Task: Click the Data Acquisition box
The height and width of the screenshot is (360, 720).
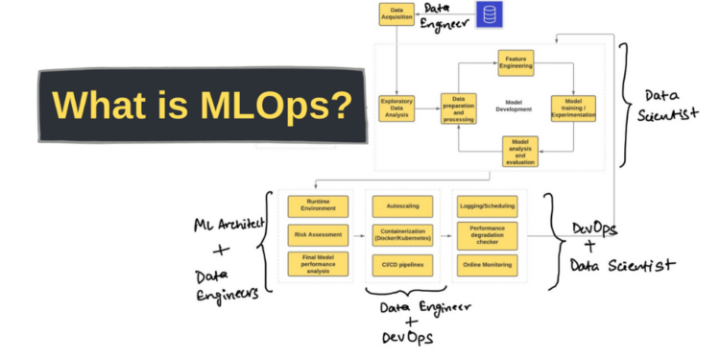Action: tap(396, 14)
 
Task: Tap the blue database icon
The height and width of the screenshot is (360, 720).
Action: tap(491, 13)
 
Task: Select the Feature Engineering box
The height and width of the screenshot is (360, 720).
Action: tap(516, 63)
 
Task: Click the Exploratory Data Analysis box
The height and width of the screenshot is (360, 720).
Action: tap(396, 107)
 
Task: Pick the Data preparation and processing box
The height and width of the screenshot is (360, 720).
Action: tap(459, 107)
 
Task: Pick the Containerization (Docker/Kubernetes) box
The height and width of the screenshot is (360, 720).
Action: tap(401, 233)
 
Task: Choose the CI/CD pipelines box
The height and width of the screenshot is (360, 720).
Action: tap(401, 263)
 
